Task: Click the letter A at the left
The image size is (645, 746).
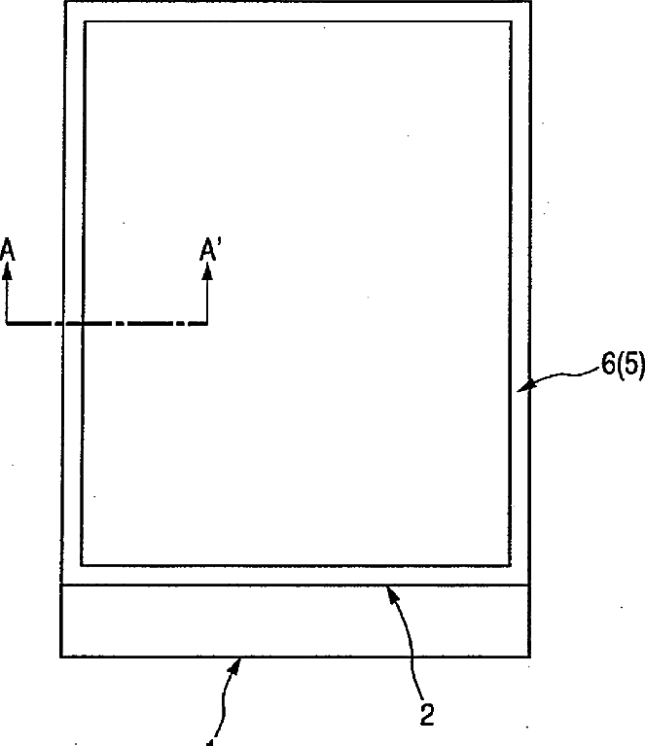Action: click(8, 250)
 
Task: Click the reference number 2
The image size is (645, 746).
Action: click(426, 713)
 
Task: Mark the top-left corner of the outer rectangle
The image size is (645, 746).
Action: click(63, 2)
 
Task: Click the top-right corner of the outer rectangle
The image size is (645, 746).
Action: click(530, 2)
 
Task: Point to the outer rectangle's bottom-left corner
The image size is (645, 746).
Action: click(61, 657)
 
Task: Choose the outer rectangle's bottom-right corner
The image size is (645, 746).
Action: click(530, 657)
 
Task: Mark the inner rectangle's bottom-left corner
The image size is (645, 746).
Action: click(82, 564)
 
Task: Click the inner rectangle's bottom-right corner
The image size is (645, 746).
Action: click(513, 564)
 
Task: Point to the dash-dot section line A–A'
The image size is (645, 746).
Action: click(107, 323)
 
